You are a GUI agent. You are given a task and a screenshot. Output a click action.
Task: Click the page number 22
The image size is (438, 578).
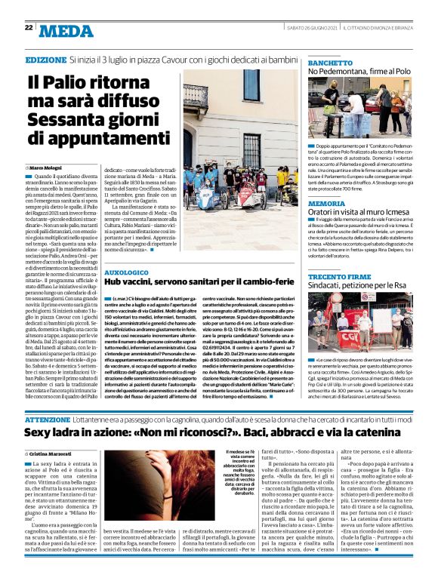(x=29, y=27)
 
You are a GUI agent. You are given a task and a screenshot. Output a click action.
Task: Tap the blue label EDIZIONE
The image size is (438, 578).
(x=45, y=59)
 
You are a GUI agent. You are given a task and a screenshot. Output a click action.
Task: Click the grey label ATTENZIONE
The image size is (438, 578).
(x=48, y=418)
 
